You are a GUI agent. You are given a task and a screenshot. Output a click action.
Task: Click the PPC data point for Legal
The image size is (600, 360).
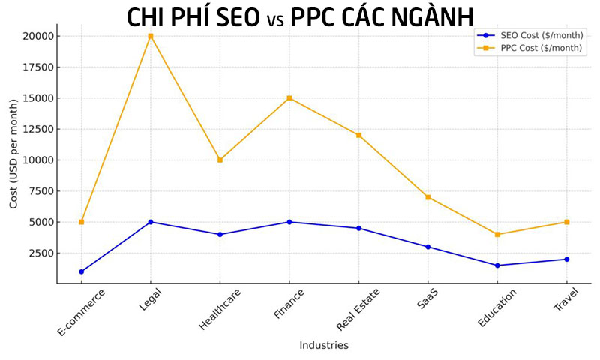coord(151,36)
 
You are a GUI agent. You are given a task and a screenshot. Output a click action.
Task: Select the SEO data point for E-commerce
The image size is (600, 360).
coord(81,271)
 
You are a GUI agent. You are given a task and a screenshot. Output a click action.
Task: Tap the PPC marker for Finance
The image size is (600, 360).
coord(289,98)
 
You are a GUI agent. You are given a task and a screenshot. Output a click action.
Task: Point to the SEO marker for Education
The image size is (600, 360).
coord(497,265)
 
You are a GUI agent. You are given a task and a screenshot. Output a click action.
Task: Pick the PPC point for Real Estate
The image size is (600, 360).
coord(358,135)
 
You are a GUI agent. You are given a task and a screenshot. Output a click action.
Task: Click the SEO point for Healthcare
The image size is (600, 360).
coord(220,234)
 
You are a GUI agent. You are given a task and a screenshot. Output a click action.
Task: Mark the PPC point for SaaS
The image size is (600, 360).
coord(428,197)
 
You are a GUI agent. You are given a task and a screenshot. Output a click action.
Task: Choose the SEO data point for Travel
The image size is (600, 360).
coord(566,259)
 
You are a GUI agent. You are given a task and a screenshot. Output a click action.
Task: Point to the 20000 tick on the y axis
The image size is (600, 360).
coord(37,36)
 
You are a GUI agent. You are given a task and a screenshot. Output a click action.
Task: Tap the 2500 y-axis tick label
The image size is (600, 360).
coord(40,253)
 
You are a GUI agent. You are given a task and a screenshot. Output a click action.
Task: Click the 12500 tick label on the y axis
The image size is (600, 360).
coord(37,129)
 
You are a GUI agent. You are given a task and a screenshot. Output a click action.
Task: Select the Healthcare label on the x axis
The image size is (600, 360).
coord(217,308)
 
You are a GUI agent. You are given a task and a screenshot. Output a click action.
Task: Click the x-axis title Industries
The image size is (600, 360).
coord(324,346)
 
